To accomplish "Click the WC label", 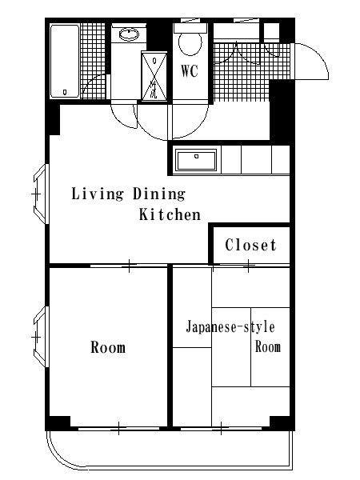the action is tap(190, 71).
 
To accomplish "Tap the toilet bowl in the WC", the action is tap(190, 44).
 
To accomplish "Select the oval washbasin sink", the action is tap(129, 34).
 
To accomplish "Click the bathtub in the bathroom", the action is tap(65, 62).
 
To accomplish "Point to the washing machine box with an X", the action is tap(154, 76).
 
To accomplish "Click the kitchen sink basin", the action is tap(196, 160).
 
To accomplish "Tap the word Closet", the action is tap(250, 245).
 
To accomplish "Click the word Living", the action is tap(98, 194).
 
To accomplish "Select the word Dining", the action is tap(159, 194).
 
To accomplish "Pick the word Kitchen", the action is tap(170, 214).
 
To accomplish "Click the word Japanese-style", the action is tap(230, 327).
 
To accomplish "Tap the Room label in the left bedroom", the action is tap(108, 347).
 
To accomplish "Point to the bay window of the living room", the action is tap(41, 194).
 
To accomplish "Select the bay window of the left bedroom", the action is tap(41, 337).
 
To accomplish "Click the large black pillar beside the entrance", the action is tap(282, 110).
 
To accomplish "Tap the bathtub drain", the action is tap(66, 91).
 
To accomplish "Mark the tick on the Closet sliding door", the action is tap(249, 265).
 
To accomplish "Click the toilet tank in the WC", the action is tap(190, 28).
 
